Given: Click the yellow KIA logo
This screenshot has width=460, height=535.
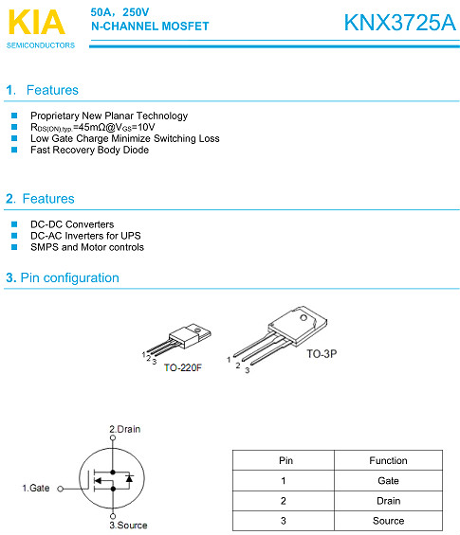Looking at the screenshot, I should (36, 22).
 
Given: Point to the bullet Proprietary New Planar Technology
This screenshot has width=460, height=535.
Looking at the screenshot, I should (109, 116).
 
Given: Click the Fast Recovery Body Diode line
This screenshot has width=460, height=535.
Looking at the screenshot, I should (89, 150).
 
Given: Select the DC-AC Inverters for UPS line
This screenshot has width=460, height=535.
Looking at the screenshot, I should (86, 236).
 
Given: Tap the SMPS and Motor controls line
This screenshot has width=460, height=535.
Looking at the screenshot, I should (87, 247).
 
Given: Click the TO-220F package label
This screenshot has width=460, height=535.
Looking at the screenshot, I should (183, 366).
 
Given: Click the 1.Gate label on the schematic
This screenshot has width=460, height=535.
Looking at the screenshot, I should (36, 488).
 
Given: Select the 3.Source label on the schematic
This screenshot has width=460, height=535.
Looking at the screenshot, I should (128, 525).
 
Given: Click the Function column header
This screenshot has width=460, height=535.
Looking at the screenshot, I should (388, 461).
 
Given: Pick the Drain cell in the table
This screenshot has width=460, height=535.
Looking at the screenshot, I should (388, 501).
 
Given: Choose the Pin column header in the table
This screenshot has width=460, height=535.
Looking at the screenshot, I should (285, 461).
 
